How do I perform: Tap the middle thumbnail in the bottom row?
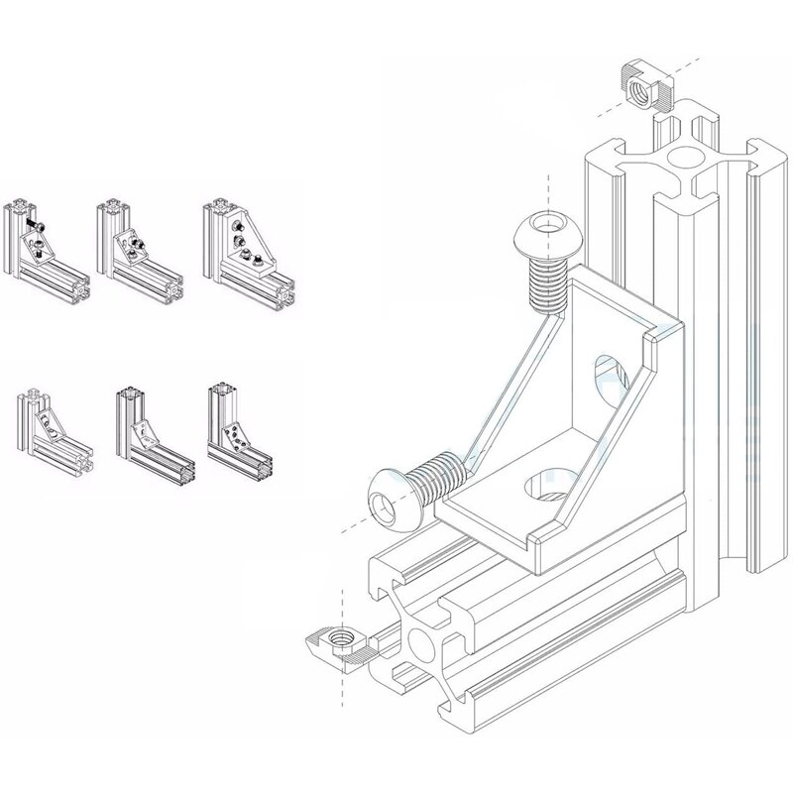pyautogui.click(x=148, y=431)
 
